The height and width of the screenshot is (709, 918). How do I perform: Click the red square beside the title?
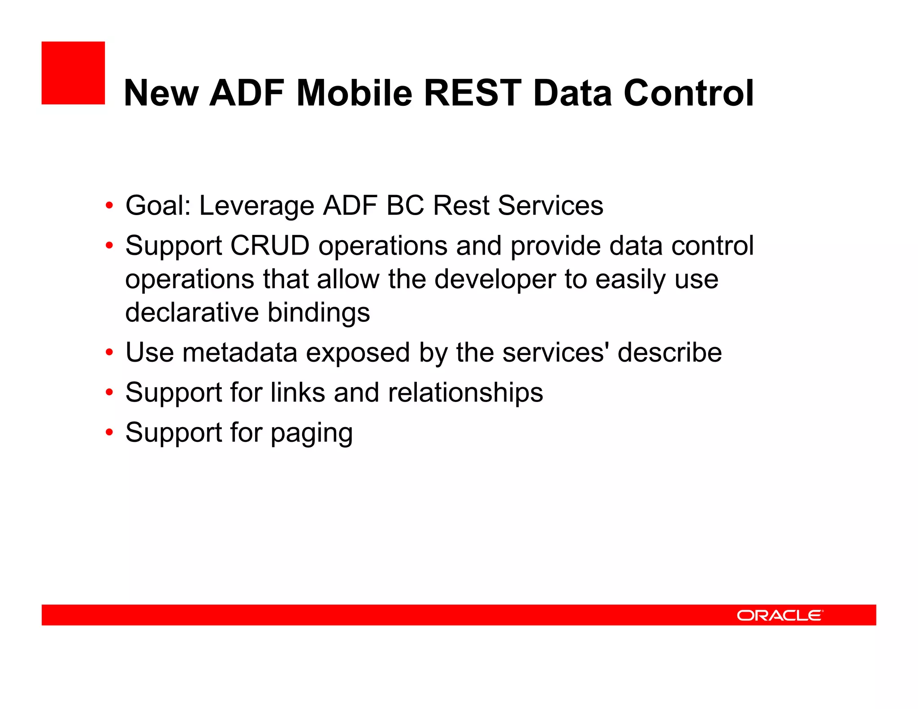[73, 73]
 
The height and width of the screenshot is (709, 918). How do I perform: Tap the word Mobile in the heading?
[354, 93]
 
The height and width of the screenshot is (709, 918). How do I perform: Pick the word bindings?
[319, 313]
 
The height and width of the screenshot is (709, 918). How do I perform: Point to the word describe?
[670, 353]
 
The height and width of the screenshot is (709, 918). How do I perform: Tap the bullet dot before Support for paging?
[109, 432]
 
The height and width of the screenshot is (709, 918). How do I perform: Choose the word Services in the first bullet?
[550, 206]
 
